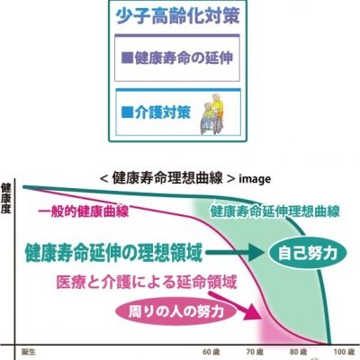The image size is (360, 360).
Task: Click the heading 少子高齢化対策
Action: (x=178, y=16)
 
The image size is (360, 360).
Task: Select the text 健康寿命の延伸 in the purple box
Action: (x=184, y=58)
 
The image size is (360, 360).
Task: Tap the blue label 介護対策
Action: (x=163, y=112)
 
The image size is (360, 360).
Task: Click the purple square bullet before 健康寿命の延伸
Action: (x=127, y=58)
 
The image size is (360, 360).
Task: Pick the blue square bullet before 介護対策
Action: (x=127, y=113)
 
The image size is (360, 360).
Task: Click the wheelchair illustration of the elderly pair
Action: (x=212, y=114)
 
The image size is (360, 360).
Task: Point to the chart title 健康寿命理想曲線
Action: (x=167, y=178)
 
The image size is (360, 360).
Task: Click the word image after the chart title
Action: (x=255, y=179)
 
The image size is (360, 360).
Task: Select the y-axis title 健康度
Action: (x=5, y=198)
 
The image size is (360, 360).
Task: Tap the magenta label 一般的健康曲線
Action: (x=84, y=211)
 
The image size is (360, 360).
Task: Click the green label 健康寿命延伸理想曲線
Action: (x=274, y=211)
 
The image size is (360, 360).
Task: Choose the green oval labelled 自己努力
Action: (x=308, y=254)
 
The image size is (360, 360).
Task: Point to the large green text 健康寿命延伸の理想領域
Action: (x=112, y=253)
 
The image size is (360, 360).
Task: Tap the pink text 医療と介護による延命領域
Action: (x=147, y=282)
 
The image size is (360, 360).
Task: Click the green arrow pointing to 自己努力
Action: (x=236, y=254)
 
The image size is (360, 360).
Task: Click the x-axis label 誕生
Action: (x=29, y=352)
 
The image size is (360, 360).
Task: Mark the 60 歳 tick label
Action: (x=211, y=352)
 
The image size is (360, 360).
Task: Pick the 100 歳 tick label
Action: (x=345, y=352)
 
